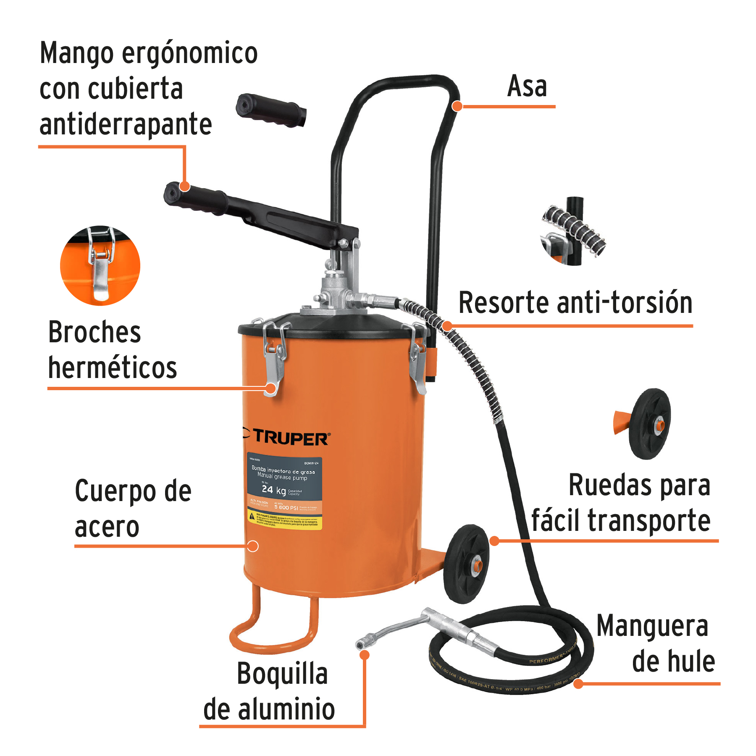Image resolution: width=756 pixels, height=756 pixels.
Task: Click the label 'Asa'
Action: tap(527, 87)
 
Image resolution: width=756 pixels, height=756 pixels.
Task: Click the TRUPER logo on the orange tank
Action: tap(290, 438)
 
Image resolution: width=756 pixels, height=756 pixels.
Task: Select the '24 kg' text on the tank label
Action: tap(273, 490)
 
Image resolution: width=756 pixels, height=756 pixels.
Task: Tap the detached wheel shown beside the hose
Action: tap(649, 423)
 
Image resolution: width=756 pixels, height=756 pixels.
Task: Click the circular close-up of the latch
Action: tap(100, 265)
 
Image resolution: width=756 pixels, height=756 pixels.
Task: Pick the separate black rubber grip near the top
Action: tap(271, 110)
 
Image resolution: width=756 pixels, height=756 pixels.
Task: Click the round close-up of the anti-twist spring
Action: tap(573, 231)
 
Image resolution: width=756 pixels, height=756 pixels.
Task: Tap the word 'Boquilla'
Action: tap(282, 674)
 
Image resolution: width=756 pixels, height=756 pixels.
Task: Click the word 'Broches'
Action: tap(94, 332)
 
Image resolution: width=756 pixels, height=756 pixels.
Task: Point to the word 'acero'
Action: tap(107, 527)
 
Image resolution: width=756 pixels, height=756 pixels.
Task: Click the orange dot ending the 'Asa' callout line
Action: tap(457, 106)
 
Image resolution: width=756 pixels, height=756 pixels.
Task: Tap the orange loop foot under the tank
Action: tap(273, 628)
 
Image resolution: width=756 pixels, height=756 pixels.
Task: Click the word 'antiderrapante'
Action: tap(126, 125)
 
